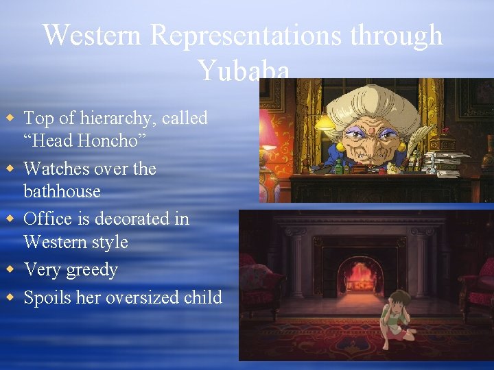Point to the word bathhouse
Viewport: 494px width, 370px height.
point(62,191)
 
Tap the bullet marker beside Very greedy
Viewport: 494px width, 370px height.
point(10,269)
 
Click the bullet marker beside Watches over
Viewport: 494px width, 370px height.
point(10,168)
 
